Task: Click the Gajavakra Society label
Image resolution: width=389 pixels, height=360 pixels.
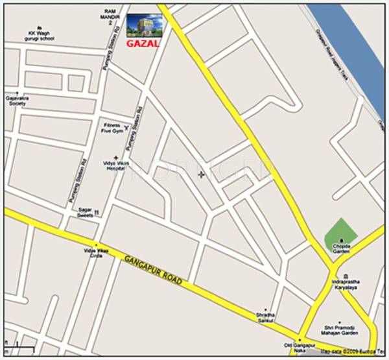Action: click(x=16, y=102)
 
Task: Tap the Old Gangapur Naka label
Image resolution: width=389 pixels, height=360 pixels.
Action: click(x=299, y=348)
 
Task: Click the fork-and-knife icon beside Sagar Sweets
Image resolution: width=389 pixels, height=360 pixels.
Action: click(x=97, y=212)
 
